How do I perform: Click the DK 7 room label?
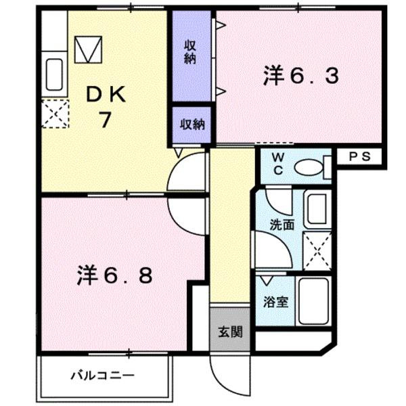pyautogui.click(x=104, y=109)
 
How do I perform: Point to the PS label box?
pyautogui.click(x=359, y=157)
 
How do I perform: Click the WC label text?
pyautogui.click(x=278, y=164)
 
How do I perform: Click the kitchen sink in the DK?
pyautogui.click(x=54, y=75)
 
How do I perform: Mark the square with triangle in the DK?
pyautogui.click(x=88, y=49)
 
